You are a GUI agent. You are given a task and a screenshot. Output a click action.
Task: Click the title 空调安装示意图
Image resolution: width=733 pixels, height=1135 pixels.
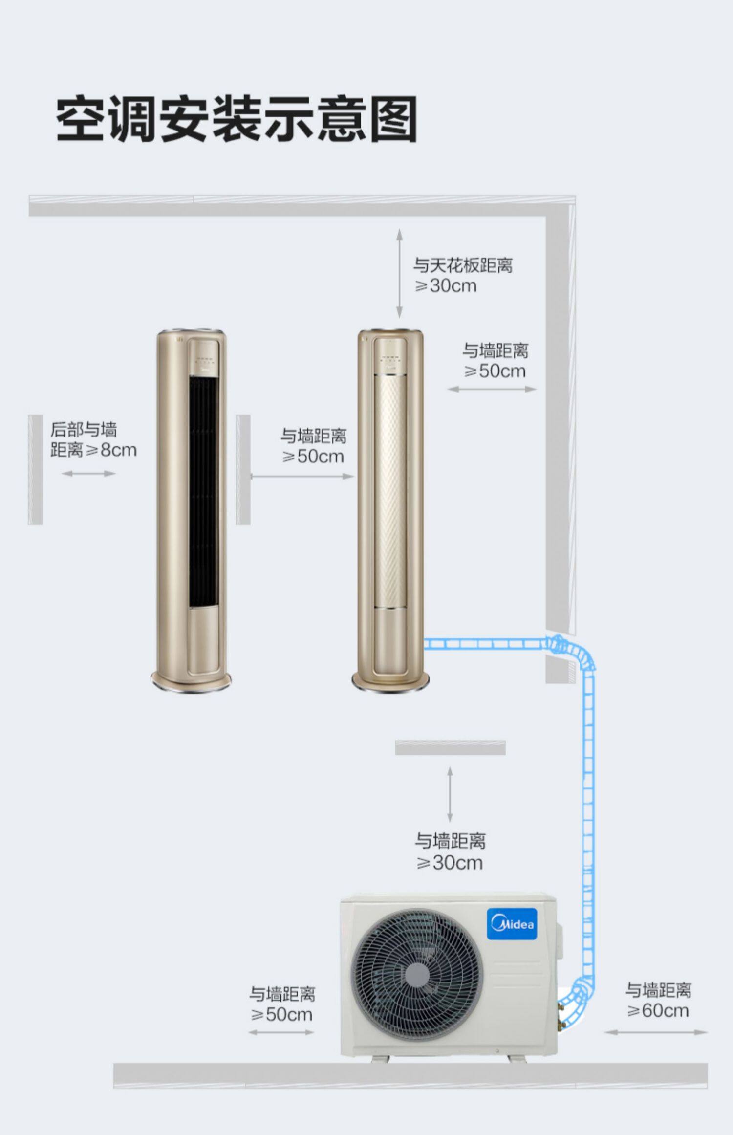(237, 119)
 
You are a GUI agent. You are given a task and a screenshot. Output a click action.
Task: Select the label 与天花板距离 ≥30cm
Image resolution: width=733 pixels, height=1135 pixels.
(463, 275)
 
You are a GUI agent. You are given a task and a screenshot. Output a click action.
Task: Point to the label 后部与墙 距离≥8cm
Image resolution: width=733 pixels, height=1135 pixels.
(93, 440)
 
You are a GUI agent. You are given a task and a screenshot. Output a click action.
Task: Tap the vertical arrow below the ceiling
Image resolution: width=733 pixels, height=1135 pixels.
(400, 273)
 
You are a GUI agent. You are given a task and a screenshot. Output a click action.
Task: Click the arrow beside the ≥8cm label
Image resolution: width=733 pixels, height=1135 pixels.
(89, 473)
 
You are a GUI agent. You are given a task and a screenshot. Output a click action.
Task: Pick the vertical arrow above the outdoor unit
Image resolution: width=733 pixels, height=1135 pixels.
(450, 794)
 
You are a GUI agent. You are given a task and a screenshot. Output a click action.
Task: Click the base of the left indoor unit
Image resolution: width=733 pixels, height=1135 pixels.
(191, 680)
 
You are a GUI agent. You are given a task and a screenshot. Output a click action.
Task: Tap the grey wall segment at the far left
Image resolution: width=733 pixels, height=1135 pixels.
(35, 470)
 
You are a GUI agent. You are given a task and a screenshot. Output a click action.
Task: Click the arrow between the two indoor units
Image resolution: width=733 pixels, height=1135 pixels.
(302, 476)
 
